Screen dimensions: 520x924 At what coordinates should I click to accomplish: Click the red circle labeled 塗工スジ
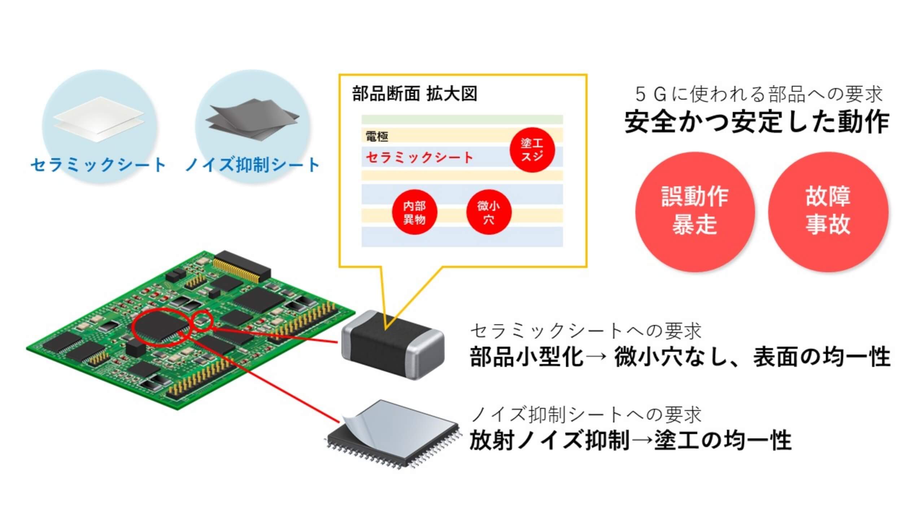532,149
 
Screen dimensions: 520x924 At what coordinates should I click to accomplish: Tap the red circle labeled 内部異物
414,212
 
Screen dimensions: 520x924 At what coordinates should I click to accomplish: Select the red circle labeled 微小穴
489,212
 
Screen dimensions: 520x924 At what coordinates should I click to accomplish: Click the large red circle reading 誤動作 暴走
695,212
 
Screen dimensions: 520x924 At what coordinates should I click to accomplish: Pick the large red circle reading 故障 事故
828,212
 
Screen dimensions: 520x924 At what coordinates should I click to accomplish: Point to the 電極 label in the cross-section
377,136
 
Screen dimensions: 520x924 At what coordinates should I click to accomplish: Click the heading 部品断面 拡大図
415,94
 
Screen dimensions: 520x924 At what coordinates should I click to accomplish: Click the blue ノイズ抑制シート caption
252,165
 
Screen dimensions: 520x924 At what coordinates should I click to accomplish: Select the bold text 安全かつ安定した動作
757,122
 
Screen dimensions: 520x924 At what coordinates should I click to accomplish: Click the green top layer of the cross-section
462,120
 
